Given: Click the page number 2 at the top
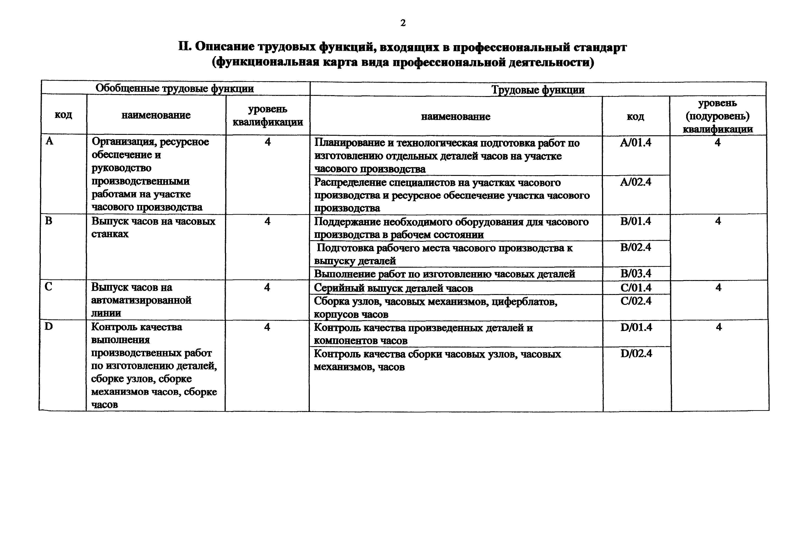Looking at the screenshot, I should (x=403, y=23).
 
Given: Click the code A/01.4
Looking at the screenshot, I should (x=636, y=143).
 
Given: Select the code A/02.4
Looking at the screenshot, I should (x=636, y=182).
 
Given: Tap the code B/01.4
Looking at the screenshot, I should (x=636, y=221).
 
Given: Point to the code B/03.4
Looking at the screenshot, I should (x=636, y=274).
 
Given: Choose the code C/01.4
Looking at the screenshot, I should (x=636, y=288).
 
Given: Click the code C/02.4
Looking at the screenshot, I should (x=636, y=301).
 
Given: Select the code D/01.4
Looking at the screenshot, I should (x=636, y=327).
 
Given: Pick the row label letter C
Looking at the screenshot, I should (x=48, y=287).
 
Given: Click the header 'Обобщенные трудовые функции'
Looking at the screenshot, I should (x=175, y=89).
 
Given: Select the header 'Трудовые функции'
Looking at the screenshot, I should (x=538, y=90).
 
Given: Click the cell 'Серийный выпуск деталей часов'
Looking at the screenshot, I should (x=393, y=288).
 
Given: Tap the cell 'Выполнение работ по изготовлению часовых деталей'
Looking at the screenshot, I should (x=444, y=274).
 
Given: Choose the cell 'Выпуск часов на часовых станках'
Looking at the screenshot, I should (x=153, y=227).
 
